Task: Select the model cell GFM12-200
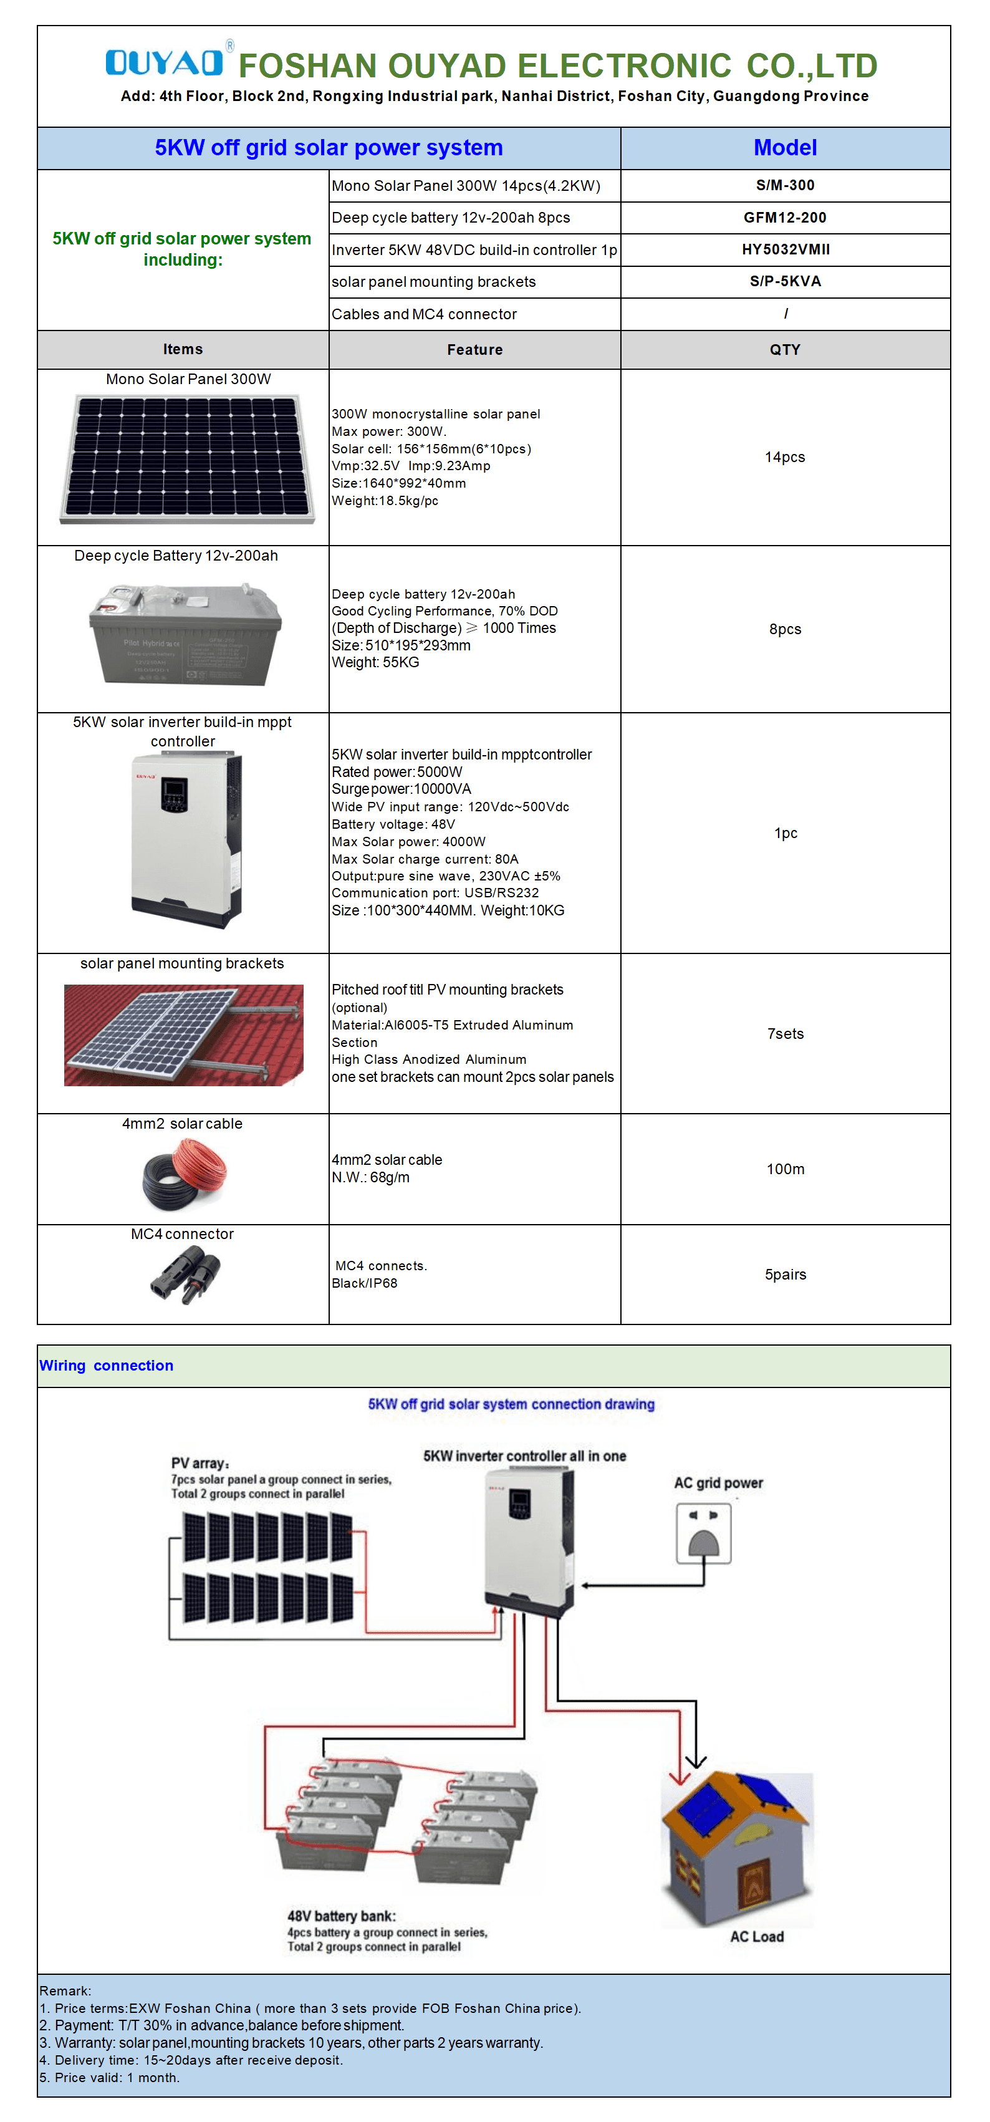784,218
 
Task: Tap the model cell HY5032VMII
784,249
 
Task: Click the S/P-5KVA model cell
784,282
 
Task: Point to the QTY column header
784,350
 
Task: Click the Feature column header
474,350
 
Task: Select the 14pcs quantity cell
784,457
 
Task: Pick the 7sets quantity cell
784,1034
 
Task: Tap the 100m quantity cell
784,1169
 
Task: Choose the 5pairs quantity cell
784,1275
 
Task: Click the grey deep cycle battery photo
185,634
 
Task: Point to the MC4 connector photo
185,1273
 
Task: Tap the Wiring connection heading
106,1366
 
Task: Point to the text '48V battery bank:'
341,1916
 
